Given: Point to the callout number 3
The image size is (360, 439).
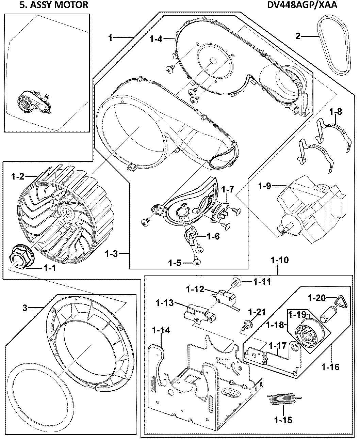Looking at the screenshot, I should (24, 309).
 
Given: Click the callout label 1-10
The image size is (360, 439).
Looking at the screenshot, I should (280, 261).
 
